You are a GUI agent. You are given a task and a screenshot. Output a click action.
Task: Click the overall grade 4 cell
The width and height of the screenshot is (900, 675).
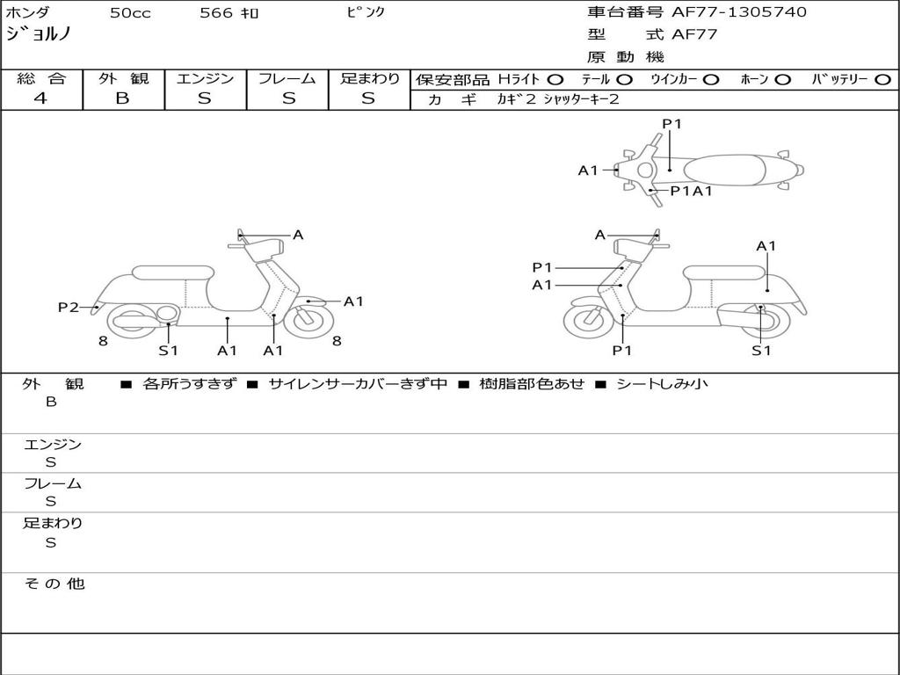pos(41,98)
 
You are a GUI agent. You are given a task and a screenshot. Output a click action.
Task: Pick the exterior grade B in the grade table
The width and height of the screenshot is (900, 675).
pos(123,98)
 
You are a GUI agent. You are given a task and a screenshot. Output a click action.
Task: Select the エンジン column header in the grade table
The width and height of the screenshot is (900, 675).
pos(205,78)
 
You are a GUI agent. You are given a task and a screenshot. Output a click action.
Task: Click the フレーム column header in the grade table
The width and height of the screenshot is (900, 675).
pos(287,78)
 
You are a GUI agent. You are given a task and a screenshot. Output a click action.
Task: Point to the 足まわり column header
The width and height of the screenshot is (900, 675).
pos(369,78)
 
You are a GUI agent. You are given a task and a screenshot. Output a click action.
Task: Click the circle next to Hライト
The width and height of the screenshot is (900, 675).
pos(555,79)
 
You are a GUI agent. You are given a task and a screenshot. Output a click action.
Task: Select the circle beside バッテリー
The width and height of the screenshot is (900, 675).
pos(883,79)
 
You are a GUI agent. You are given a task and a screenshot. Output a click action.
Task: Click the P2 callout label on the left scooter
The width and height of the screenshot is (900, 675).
pos(69,307)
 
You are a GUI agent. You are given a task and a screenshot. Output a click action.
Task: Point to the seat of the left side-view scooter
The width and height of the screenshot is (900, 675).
pos(171,272)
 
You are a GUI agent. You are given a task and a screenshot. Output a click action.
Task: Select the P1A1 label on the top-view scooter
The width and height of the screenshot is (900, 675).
pos(691,191)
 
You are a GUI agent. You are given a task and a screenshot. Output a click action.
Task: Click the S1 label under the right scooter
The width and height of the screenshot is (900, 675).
pos(761,351)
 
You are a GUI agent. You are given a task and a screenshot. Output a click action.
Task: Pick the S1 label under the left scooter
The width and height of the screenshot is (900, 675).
pos(168,351)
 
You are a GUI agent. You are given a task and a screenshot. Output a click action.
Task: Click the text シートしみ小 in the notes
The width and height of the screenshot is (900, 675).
pos(662,383)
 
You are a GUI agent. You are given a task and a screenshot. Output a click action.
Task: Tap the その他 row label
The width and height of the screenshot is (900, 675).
pos(54,584)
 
